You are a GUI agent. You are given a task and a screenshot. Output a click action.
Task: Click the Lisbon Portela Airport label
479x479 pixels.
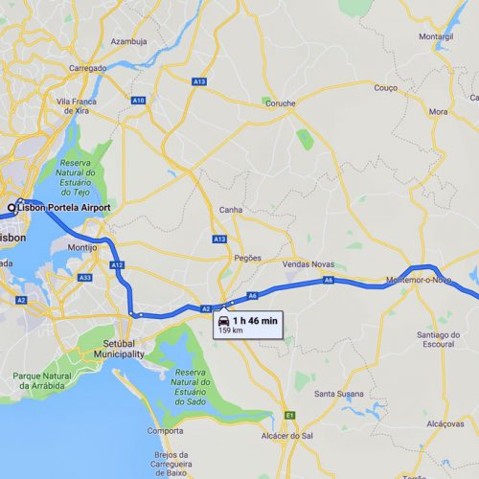point(64,207)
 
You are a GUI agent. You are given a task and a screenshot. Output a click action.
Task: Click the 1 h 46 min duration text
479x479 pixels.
point(254,319)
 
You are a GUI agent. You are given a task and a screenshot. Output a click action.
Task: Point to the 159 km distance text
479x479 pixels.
point(231,331)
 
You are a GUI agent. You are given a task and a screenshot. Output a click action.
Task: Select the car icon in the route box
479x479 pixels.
point(223,319)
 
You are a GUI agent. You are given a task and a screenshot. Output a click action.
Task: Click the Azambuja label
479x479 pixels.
point(128,42)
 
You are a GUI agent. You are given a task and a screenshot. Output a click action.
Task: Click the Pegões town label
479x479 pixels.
point(248,258)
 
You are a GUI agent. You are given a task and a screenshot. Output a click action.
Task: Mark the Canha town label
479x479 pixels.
point(231,209)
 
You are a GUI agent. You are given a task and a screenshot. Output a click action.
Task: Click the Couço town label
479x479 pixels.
point(386,87)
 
